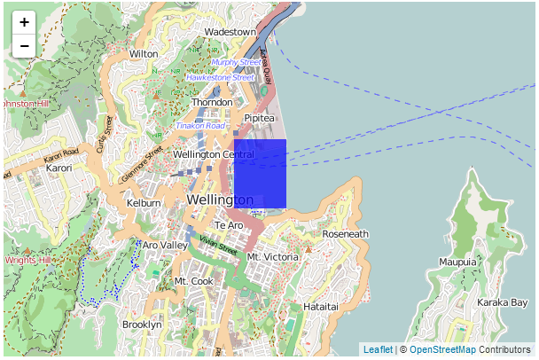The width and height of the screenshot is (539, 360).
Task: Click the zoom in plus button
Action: coord(24,22)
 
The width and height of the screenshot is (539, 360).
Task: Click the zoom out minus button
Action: coord(24,45)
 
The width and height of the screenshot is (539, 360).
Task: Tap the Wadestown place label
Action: coord(230,32)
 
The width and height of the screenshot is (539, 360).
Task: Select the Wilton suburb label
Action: coord(144,54)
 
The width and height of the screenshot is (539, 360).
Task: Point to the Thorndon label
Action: coord(212,102)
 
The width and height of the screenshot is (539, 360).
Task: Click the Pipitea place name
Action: coord(260,117)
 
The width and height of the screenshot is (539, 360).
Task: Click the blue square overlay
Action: coord(260,174)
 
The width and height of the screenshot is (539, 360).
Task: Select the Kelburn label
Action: coord(144,203)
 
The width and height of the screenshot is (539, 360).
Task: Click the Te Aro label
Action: coord(228,225)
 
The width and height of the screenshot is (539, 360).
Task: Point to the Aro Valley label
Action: coord(165,245)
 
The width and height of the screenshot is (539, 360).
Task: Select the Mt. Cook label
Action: coord(194,281)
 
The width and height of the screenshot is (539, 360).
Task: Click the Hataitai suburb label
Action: coord(321,306)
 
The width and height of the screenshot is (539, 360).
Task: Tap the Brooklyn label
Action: coord(142,325)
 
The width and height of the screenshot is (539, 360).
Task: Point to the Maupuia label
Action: coord(457,262)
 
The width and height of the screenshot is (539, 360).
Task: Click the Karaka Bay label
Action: coord(503,302)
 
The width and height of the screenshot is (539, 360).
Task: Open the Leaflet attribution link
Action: coord(378,350)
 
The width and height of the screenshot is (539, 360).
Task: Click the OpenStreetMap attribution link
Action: coord(442,350)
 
